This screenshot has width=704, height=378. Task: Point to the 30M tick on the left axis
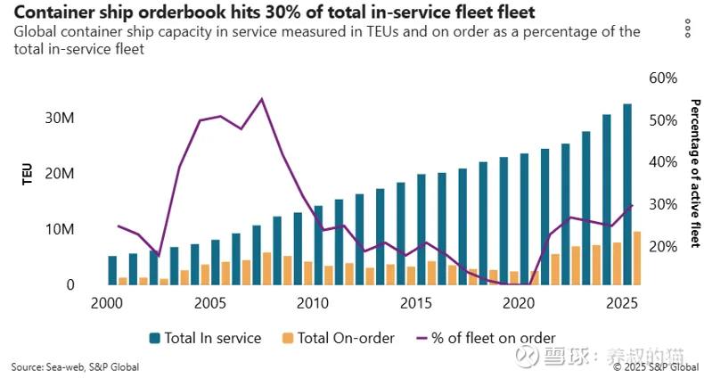(56, 118)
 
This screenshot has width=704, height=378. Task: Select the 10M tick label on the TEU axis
(56, 229)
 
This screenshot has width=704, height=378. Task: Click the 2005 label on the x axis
(209, 304)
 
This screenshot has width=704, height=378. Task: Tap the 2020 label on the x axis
(517, 304)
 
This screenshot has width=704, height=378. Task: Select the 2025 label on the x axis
(620, 304)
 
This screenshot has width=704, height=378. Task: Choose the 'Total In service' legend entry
(206, 338)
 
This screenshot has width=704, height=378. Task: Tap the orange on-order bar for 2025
(637, 259)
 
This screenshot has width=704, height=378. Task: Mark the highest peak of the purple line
(262, 99)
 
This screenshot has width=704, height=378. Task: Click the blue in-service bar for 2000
(112, 270)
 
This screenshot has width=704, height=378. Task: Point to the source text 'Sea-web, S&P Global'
(75, 366)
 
